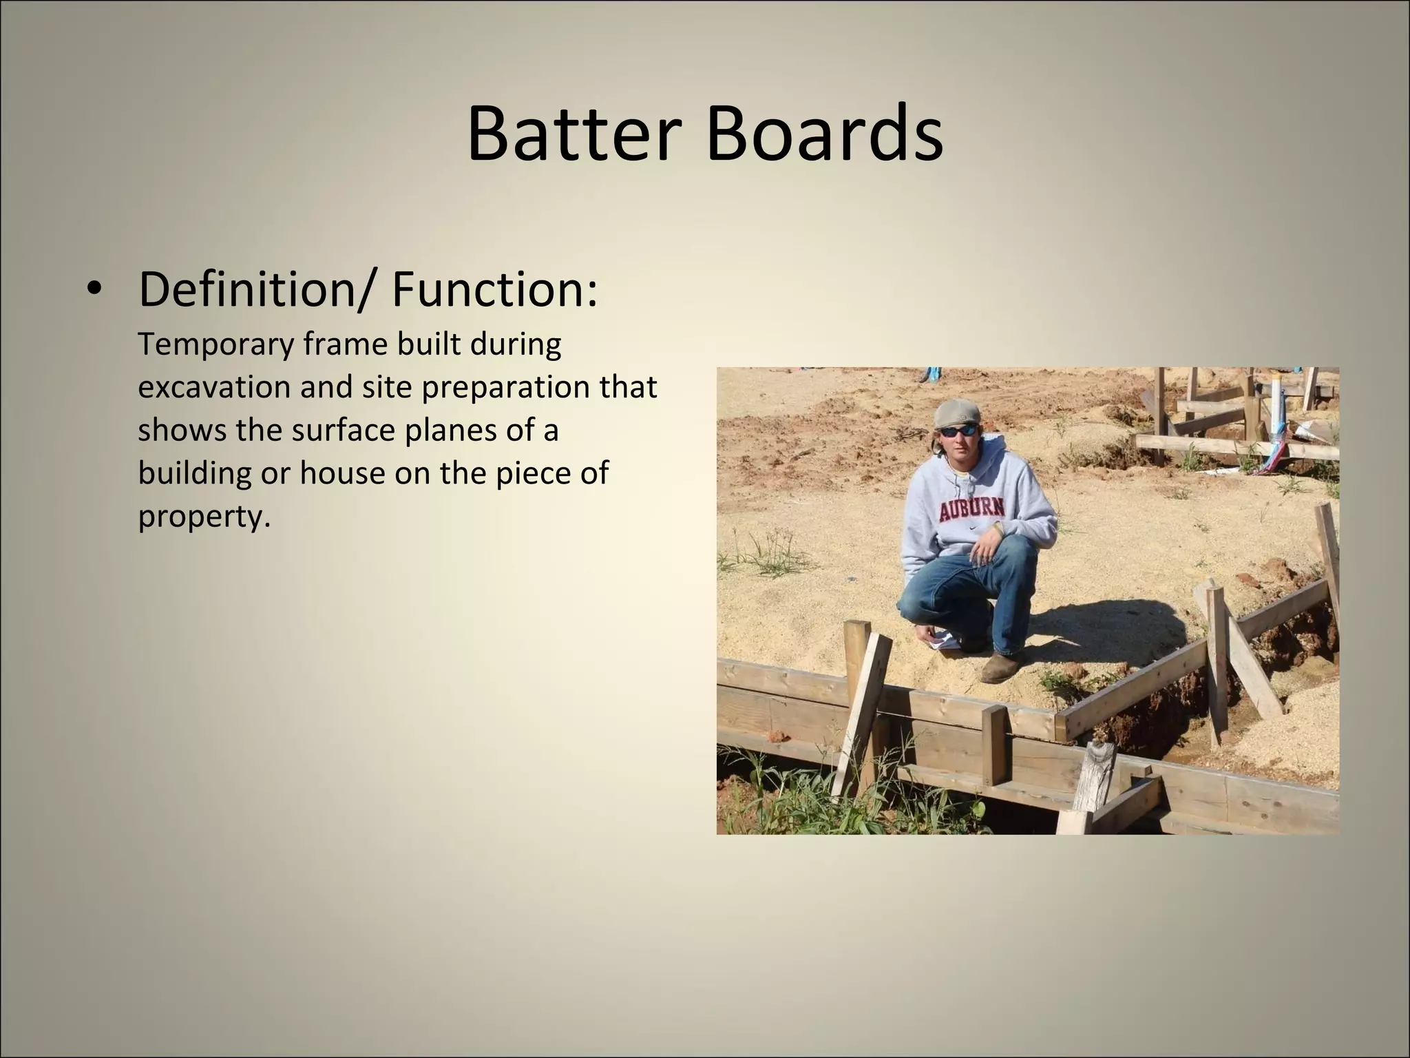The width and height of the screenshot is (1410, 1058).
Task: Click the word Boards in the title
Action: point(824,134)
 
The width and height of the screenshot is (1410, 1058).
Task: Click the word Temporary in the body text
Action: point(215,344)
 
